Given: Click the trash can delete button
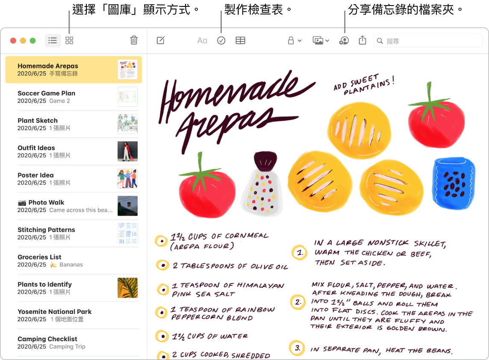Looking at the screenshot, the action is pos(134,40).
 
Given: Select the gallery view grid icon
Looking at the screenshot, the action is pos(69,41).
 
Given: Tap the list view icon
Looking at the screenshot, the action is pos(53,41).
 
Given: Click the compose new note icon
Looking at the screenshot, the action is pos(161,40).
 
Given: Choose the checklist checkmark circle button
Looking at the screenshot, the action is pos(221,41).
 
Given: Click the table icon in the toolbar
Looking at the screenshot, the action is pos(241,41).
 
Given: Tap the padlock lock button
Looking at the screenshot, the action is pos(291,41).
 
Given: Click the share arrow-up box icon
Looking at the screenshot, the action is pos(362,40).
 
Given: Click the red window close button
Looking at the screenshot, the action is pos(13,41).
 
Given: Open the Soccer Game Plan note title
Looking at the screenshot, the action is pos(47,93).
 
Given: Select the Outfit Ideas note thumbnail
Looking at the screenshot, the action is pos(127,151).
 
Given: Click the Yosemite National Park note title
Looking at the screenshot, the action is pos(55,312).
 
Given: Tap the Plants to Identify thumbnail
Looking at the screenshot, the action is pos(127,288).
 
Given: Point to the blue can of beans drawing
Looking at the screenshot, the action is pos(454,183).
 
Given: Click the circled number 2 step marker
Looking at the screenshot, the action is pos(298,302).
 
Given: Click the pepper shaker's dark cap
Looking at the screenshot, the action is pos(265,161).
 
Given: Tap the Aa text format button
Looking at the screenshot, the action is pos(202,41).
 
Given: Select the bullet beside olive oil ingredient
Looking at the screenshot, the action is pos(162,265).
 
